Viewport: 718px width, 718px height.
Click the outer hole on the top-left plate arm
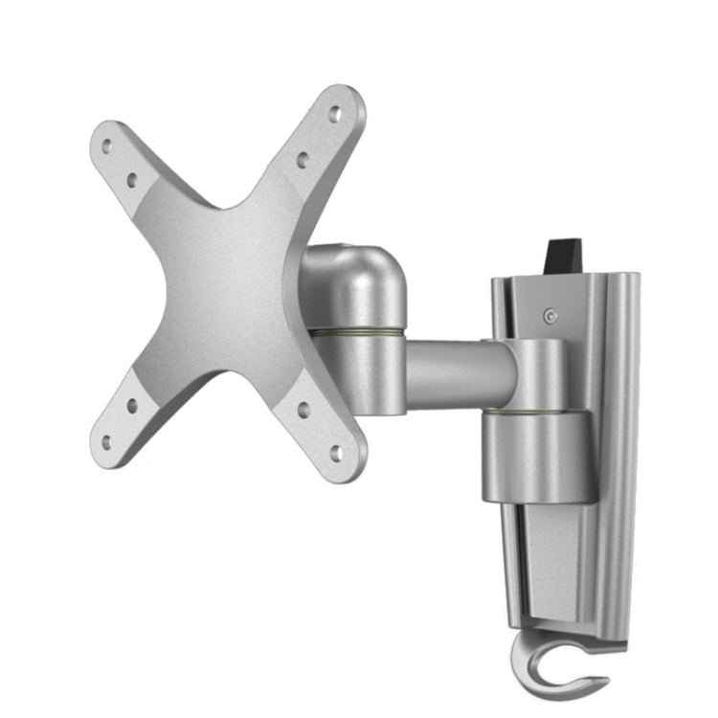tap(106, 146)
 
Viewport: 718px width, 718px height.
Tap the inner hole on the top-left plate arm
tap(132, 178)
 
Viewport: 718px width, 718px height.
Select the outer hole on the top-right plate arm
tap(334, 113)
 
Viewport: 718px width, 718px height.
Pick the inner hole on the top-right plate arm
tap(302, 159)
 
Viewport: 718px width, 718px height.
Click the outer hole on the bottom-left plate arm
tap(106, 441)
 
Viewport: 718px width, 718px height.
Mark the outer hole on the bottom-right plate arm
tap(335, 450)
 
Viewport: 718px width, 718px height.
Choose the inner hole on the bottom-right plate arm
tap(303, 409)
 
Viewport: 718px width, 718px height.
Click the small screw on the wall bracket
tap(548, 316)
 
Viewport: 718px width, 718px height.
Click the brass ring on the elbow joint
tap(354, 332)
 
